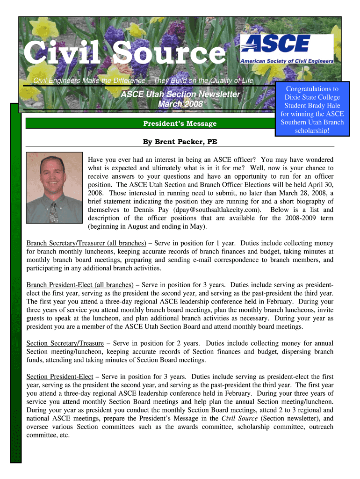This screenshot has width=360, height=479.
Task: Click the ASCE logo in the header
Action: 286,48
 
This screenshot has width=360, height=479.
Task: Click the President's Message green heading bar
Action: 180,123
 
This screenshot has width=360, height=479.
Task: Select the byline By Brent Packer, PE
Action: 180,142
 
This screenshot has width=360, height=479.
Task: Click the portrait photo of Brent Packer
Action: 54,188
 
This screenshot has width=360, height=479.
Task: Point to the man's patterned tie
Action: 54,213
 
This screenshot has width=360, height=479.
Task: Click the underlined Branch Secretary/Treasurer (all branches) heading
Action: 86,243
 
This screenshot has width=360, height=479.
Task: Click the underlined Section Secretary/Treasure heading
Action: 65,343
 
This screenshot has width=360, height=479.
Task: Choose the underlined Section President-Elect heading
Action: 60,376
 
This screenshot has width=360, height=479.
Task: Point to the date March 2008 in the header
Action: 180,104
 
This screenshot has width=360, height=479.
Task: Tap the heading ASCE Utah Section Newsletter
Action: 180,94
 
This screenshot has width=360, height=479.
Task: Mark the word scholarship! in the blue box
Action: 312,131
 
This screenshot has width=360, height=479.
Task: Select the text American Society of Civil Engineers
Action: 287,61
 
